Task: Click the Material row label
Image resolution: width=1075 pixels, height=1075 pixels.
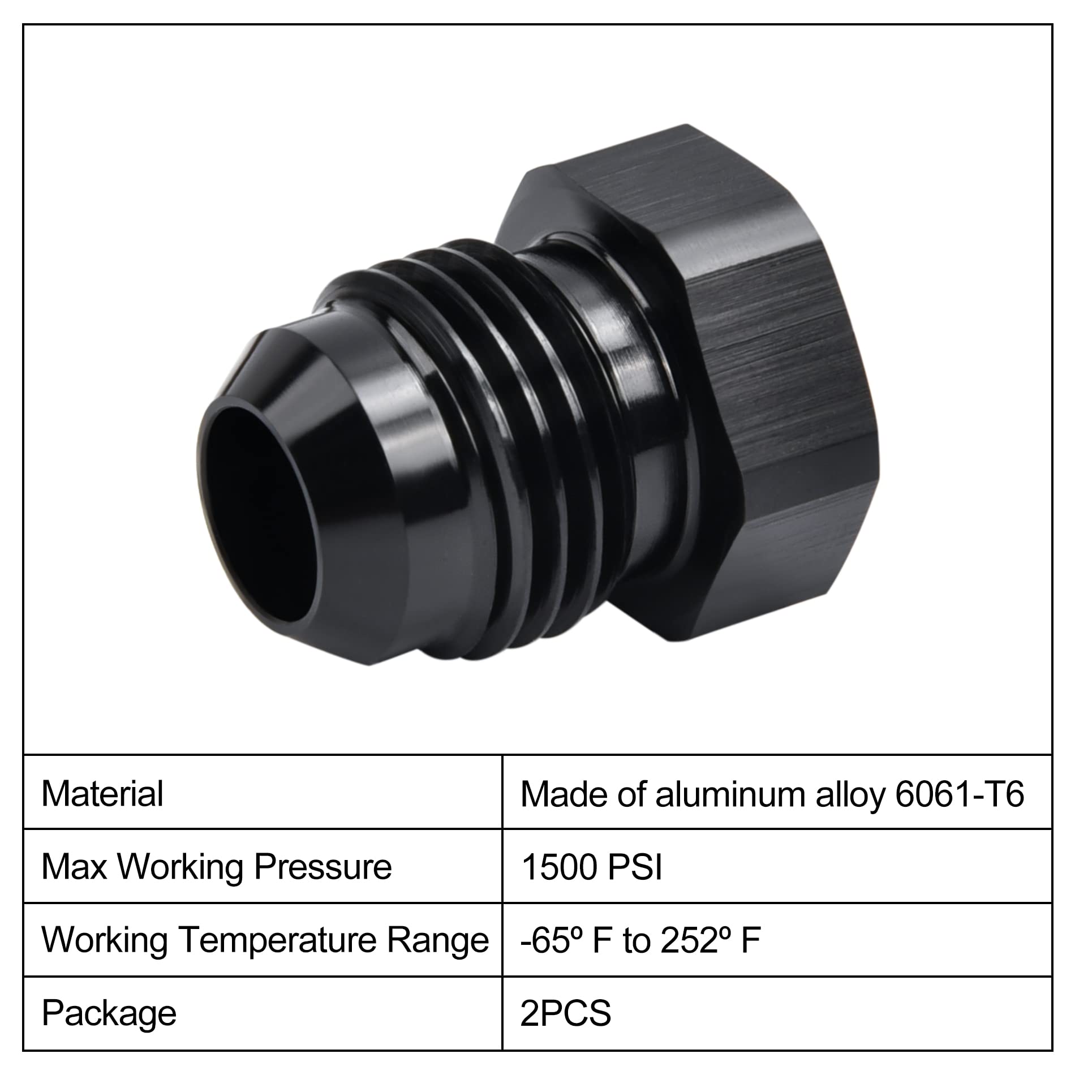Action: (102, 793)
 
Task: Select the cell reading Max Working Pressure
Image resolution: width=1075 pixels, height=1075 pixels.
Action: (217, 866)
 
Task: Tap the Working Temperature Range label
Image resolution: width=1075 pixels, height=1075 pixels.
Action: (265, 940)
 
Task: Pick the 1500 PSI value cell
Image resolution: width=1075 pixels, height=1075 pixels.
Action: (591, 867)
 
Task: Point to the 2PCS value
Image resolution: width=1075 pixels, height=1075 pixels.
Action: (566, 1013)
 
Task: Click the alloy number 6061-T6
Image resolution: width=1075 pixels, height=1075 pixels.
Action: (960, 794)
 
